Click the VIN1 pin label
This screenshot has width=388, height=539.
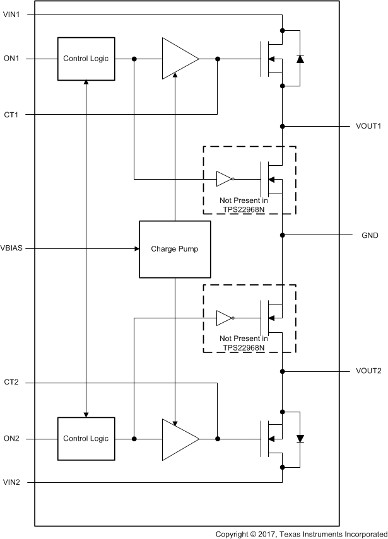coord(13,14)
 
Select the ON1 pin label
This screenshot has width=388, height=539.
coord(13,59)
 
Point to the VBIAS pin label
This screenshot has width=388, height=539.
coord(15,248)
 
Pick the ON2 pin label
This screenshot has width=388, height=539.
coord(13,438)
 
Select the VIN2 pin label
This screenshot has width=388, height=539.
coord(13,483)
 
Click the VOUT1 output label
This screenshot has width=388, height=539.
coord(368,126)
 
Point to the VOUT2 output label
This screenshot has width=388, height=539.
coord(368,371)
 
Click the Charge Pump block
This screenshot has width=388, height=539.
coord(174,249)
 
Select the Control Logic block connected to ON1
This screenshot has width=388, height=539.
coord(85,59)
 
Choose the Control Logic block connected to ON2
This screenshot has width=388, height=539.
coord(85,438)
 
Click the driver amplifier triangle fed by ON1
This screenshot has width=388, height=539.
coord(179,59)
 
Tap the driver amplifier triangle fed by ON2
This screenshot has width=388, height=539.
coord(179,438)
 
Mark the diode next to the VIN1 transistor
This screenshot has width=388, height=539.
coord(300,59)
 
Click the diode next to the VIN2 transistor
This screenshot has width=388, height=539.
coord(300,438)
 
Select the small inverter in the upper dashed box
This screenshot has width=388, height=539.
coord(225,179)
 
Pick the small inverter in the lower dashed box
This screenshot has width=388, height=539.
coord(225,318)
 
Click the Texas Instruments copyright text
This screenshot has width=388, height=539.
coord(301,533)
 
